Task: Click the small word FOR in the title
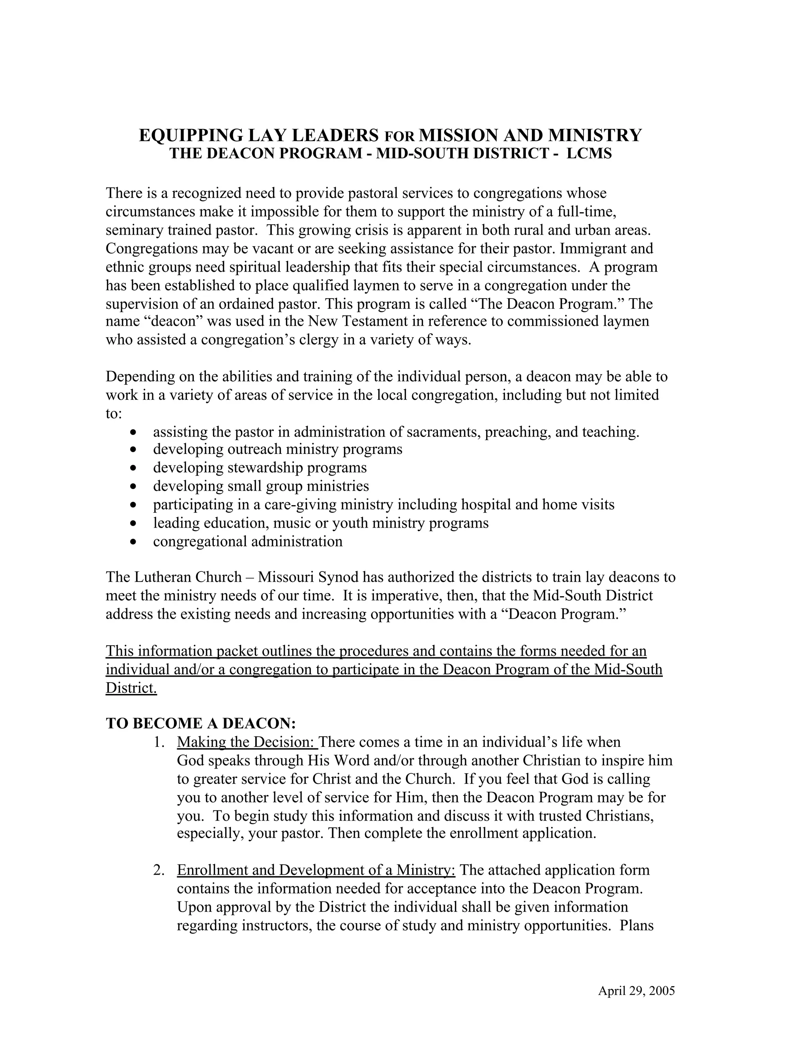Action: click(399, 137)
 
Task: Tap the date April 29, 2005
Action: click(636, 991)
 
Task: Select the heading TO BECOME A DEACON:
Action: click(201, 723)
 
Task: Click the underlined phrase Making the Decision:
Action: click(247, 742)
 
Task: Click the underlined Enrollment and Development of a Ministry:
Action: click(316, 870)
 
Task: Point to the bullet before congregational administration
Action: click(134, 542)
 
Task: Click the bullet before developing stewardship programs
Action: click(134, 468)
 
